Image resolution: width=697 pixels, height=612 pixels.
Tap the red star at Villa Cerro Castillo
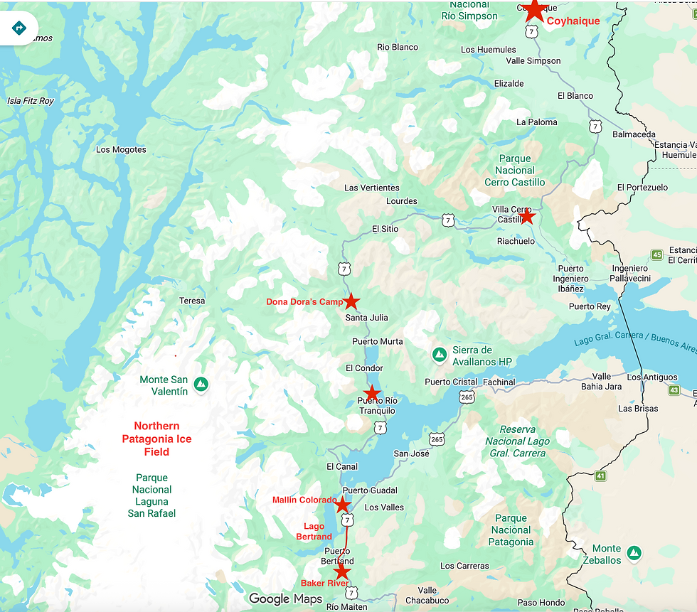[526, 217]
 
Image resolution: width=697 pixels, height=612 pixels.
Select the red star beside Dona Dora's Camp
[351, 301]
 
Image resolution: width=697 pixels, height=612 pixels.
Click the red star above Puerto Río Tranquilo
[372, 392]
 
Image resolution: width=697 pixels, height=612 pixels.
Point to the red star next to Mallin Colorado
[342, 505]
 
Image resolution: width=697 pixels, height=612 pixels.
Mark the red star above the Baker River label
[342, 571]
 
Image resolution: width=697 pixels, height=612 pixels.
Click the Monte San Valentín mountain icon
[201, 384]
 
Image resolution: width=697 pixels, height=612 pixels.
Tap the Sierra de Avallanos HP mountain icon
[440, 354]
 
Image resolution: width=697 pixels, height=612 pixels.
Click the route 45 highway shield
[656, 254]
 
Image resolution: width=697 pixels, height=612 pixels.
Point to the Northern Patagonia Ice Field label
[156, 439]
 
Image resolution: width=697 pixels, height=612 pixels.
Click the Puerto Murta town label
[377, 342]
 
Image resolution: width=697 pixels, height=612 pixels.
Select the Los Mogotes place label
[121, 150]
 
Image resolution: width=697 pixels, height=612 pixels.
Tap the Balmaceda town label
[633, 134]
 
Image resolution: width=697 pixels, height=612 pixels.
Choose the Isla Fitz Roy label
[31, 101]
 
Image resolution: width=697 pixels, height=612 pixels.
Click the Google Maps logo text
[285, 598]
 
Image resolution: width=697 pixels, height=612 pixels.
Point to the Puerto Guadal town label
[369, 491]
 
